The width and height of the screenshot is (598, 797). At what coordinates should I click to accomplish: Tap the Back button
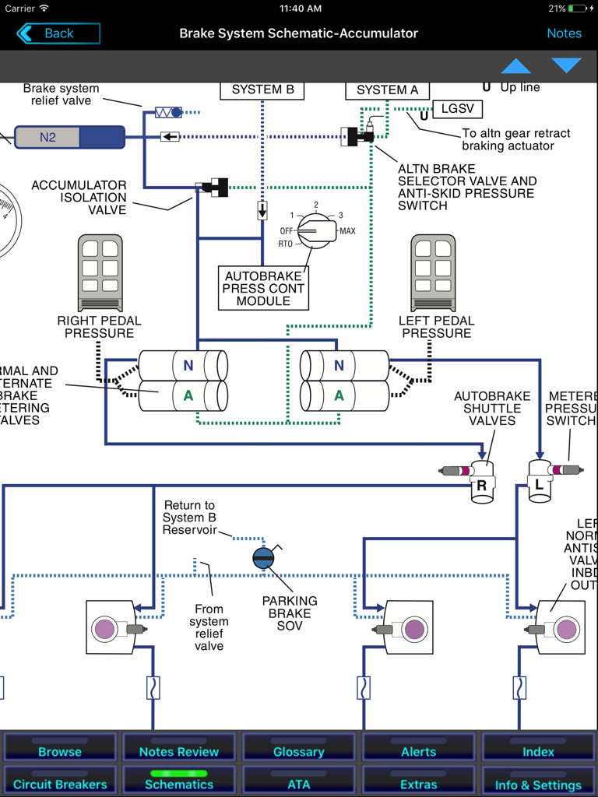click(58, 33)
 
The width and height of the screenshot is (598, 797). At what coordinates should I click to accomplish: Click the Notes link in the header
click(564, 33)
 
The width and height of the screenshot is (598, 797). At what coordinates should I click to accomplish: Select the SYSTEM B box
click(262, 90)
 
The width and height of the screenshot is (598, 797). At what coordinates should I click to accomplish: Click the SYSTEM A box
click(387, 90)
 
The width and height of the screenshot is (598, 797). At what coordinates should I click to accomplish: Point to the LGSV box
click(457, 109)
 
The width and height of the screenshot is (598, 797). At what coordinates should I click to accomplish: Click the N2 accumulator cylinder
click(69, 138)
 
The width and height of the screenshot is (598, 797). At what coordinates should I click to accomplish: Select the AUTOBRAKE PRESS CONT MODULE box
click(262, 288)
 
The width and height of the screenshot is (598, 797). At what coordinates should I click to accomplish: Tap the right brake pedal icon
click(100, 272)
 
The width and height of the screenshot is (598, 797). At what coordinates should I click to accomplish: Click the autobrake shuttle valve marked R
click(481, 479)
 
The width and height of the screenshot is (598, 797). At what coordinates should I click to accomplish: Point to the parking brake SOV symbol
click(263, 558)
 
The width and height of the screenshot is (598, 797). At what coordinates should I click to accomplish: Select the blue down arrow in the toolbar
click(566, 66)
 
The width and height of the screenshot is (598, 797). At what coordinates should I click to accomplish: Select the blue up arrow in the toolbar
click(515, 66)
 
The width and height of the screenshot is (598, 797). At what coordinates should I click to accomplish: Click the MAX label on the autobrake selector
click(347, 231)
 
